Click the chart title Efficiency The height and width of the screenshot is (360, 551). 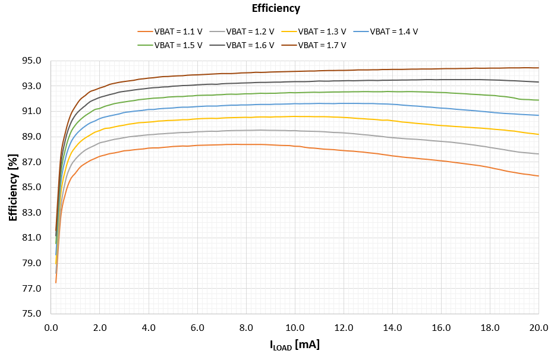275,8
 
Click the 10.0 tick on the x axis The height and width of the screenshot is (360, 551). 295,327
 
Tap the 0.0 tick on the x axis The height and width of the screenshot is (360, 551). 52,327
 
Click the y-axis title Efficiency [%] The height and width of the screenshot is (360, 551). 13,187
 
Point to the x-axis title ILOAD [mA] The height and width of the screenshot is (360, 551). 295,345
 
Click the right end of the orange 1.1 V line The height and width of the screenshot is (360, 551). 539,176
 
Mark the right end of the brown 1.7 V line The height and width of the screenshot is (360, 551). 539,68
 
